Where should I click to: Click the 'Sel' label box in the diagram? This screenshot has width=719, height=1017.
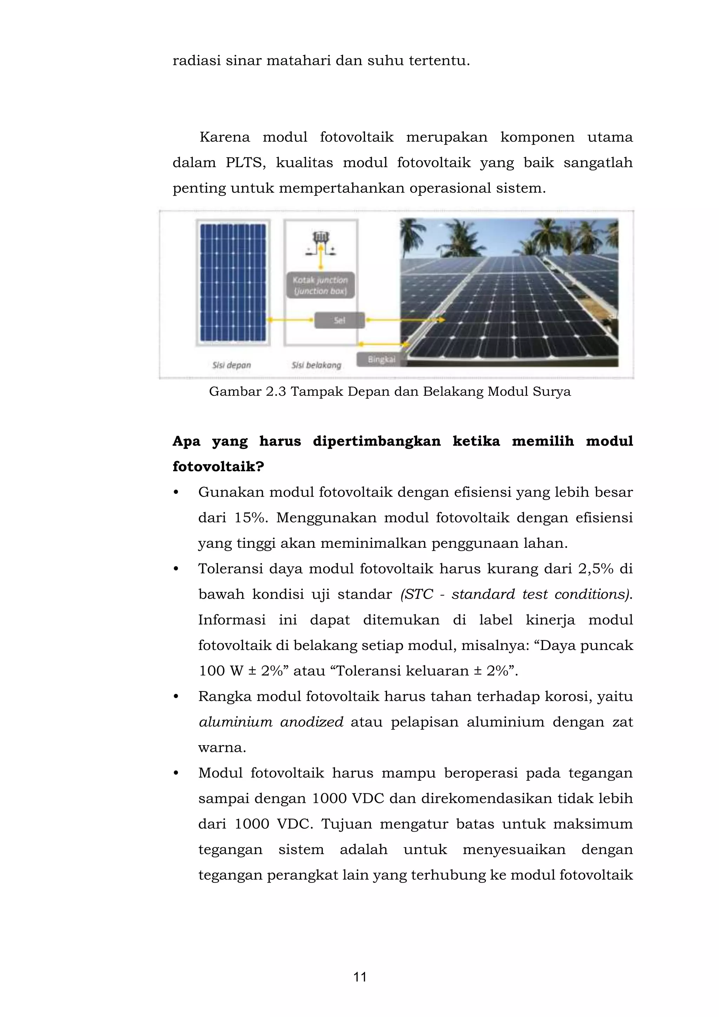339,320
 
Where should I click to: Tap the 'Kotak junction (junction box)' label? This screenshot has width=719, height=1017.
321,285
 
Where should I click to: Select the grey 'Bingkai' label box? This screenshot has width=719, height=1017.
381,359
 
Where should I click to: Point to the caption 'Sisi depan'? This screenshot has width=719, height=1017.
232,365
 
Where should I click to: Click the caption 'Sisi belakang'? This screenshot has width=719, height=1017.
316,365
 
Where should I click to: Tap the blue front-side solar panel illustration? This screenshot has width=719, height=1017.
233,283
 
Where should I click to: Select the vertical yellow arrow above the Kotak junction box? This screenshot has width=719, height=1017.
321,260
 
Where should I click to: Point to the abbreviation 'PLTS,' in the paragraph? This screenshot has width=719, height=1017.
246,163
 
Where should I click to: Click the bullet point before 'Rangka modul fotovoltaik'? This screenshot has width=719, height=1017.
176,697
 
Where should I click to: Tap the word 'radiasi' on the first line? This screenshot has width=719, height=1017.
196,60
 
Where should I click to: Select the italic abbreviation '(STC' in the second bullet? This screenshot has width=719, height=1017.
416,594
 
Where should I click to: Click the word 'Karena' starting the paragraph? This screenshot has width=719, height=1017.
224,137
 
